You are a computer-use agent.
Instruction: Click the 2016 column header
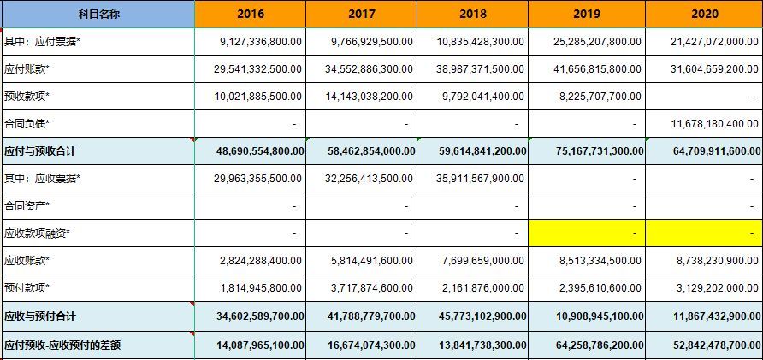[250, 14]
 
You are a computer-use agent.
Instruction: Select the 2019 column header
[587, 14]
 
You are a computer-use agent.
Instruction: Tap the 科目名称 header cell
[98, 14]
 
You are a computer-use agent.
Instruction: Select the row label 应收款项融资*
[37, 233]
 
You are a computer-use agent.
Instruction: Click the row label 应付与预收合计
[40, 151]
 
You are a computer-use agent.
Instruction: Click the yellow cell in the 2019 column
[587, 233]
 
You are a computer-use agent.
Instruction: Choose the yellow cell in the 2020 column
[705, 233]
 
